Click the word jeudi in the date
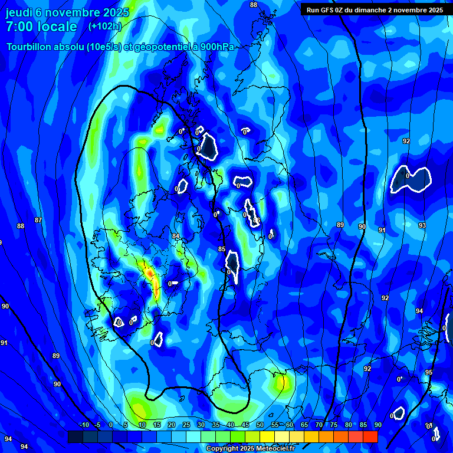coord(19,12)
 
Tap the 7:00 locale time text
coord(41,27)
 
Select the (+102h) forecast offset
coord(104,27)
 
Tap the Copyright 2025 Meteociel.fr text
coord(250,449)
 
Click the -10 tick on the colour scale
coord(84,425)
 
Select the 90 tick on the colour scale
coord(377,425)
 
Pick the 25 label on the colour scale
coord(186,425)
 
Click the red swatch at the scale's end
coord(370,436)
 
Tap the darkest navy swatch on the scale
coord(75,436)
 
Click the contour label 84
coord(176,236)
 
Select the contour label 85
coord(222,250)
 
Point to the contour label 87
coord(38,220)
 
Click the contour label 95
coord(429,372)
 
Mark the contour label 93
coord(422,226)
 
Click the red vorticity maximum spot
coord(150,274)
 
